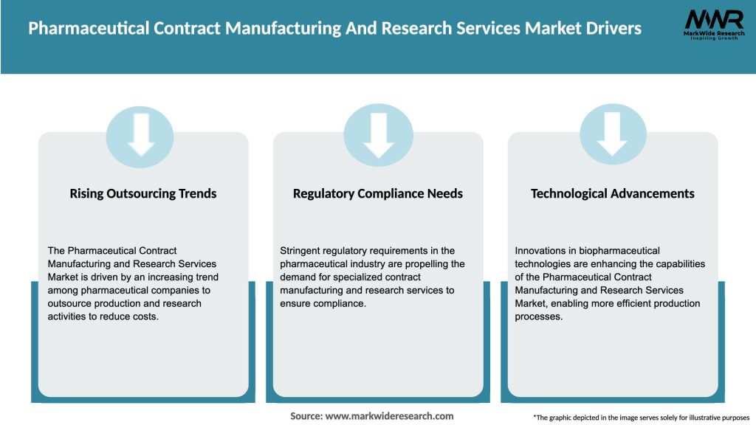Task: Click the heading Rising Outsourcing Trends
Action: coord(143,193)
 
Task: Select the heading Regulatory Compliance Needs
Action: coord(378,193)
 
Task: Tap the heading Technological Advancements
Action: coord(613,193)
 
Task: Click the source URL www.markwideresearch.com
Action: coord(389,416)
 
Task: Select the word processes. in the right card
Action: coord(539,317)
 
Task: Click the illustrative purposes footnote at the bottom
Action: coord(641,418)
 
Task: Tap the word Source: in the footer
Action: coord(306,416)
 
